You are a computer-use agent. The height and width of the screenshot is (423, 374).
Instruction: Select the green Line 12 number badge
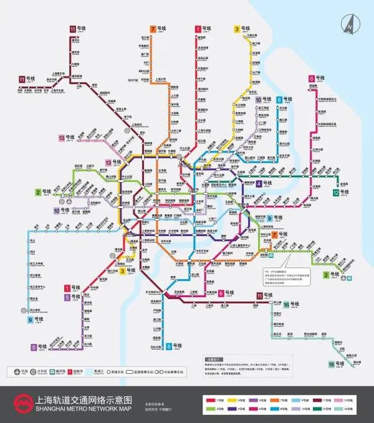[335, 192]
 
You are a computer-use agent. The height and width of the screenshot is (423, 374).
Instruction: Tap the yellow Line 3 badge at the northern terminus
[237, 29]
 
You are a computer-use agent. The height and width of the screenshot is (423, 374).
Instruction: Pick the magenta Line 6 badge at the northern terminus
[311, 78]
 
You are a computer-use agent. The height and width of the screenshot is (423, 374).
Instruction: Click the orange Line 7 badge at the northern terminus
[153, 29]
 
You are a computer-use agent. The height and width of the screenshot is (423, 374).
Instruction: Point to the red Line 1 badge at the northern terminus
[198, 29]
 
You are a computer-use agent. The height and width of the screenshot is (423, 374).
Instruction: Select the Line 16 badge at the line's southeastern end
[332, 363]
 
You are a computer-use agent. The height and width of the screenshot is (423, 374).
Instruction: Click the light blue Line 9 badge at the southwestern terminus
[30, 320]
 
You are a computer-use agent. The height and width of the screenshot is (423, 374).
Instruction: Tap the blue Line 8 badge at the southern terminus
[169, 346]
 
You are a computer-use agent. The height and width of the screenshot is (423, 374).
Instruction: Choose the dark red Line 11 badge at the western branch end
[22, 79]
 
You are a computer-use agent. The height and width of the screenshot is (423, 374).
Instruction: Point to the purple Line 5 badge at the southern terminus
[33, 347]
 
